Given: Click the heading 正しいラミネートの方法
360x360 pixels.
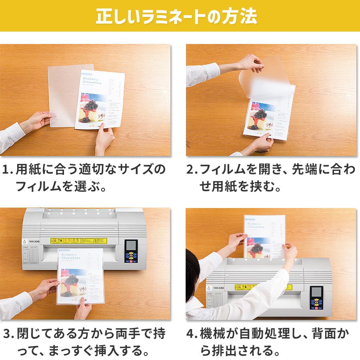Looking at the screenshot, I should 180,17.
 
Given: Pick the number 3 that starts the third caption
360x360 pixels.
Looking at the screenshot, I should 7,334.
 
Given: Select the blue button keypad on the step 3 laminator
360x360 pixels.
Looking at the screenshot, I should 130,258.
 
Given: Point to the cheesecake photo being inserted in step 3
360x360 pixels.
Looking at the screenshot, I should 74,284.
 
